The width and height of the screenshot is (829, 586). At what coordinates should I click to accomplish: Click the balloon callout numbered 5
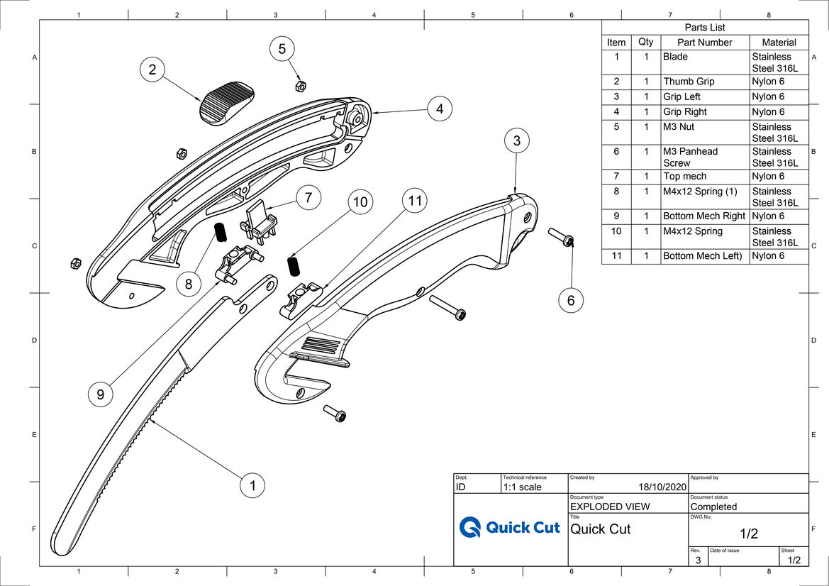282,49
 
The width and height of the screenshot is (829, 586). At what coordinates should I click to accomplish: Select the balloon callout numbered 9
101,394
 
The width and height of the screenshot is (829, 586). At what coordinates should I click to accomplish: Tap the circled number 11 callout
415,201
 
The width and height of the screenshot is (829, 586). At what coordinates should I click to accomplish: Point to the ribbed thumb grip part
226,103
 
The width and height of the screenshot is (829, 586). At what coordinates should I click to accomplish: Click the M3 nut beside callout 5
299,86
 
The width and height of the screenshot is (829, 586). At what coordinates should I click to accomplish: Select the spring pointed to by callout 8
220,232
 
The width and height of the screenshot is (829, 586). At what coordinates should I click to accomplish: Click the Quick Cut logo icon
469,527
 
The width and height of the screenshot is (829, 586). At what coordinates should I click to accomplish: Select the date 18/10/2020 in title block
662,487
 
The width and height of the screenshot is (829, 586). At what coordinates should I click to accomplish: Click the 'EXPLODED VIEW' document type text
610,507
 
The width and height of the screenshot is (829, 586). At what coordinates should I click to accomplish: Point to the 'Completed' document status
713,507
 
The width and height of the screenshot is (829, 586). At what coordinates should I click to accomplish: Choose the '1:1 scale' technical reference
522,487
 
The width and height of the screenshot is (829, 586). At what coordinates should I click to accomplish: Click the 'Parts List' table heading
705,28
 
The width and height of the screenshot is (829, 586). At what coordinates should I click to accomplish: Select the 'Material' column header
779,43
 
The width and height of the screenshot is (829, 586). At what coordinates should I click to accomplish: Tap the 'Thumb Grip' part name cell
689,82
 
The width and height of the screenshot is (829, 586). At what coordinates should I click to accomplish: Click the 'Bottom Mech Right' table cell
704,216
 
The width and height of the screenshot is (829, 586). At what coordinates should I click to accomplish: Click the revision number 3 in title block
698,560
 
